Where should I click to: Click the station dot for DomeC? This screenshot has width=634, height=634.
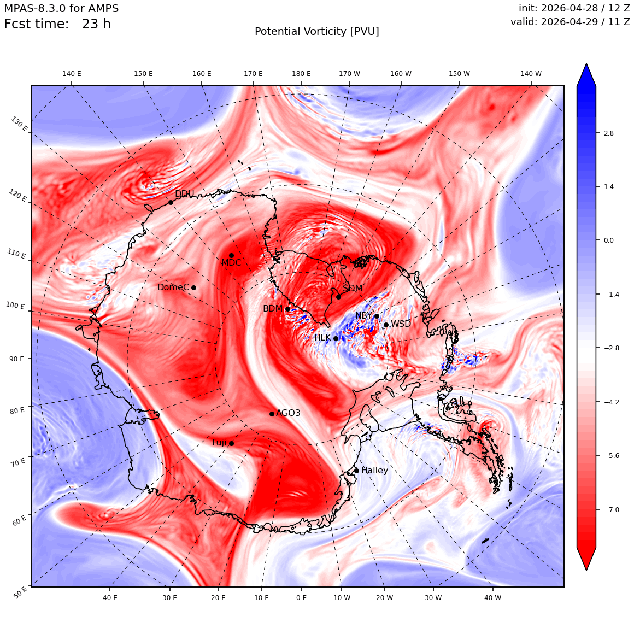[x=193, y=288]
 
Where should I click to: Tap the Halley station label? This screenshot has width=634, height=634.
[x=375, y=470]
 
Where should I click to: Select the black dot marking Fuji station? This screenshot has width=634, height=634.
[x=231, y=444]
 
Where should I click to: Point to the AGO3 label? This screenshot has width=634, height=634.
[x=288, y=413]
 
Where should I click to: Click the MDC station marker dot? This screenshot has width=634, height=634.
[x=231, y=256]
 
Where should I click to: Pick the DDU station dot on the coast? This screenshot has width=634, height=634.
[x=171, y=203]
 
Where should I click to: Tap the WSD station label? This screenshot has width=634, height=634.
[x=401, y=324]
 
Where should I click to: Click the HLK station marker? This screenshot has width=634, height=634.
[x=336, y=338]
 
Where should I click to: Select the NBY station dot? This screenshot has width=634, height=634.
[x=377, y=316]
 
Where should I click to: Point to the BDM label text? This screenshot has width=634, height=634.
[x=273, y=308]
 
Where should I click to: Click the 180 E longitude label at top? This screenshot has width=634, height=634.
[x=301, y=74]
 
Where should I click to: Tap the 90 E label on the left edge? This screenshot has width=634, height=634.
[x=16, y=359]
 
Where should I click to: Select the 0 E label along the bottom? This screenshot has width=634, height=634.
[x=301, y=597]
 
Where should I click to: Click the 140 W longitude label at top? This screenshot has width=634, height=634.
[x=531, y=74]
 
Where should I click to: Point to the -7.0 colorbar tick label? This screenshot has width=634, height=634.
[x=612, y=509]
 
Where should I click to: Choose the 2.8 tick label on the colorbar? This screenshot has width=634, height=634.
[x=608, y=133]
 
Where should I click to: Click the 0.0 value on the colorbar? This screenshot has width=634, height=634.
[x=608, y=240]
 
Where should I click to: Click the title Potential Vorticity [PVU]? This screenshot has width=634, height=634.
[x=317, y=32]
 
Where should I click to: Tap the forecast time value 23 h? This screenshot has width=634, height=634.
[x=96, y=24]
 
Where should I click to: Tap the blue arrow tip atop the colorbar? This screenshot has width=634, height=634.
[x=586, y=64]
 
